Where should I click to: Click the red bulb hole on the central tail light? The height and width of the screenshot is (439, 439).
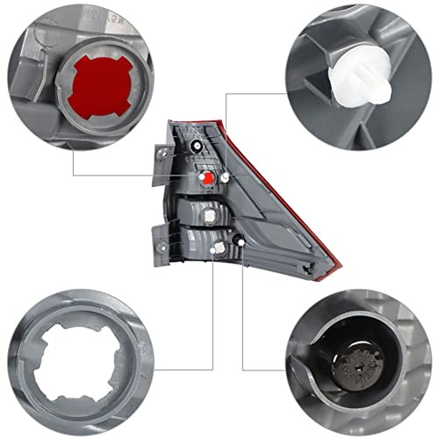pyautogui.click(x=207, y=178)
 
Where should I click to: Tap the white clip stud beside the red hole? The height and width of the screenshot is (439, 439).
pyautogui.click(x=226, y=179)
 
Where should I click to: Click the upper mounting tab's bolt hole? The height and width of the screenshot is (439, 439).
pyautogui.click(x=164, y=151)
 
